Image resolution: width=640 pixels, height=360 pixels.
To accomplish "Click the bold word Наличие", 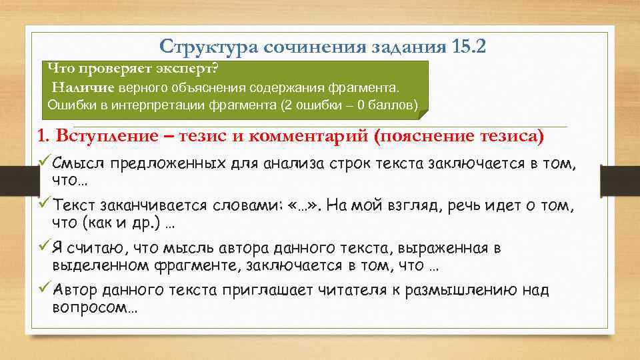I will tap(84, 87).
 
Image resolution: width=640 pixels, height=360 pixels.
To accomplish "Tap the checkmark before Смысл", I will tap(43, 163).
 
